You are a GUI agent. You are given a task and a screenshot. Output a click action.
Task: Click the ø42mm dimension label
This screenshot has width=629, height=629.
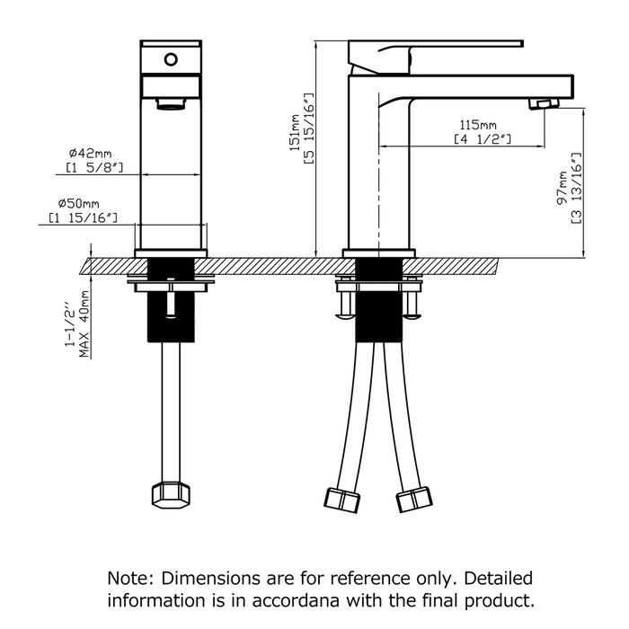[x=90, y=154]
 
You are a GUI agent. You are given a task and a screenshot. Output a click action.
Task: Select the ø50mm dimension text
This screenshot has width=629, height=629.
[x=79, y=203]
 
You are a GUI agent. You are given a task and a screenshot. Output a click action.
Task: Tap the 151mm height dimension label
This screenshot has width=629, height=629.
[x=296, y=133]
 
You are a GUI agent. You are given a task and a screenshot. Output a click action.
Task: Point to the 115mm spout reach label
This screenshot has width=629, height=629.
[x=478, y=125]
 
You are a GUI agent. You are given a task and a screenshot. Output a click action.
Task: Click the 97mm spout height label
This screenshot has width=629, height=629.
[x=563, y=188]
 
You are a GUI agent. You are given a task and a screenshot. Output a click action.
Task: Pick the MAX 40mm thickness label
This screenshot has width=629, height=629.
[x=84, y=323]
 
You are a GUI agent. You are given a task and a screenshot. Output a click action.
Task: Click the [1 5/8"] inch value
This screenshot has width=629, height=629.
[x=94, y=168]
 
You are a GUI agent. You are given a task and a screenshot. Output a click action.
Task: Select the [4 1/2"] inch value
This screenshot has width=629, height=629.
[x=483, y=139]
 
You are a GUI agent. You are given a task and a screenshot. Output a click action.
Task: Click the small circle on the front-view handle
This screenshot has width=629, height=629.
[x=171, y=60]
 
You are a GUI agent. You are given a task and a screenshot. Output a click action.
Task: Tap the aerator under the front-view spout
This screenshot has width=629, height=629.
[x=172, y=104]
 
